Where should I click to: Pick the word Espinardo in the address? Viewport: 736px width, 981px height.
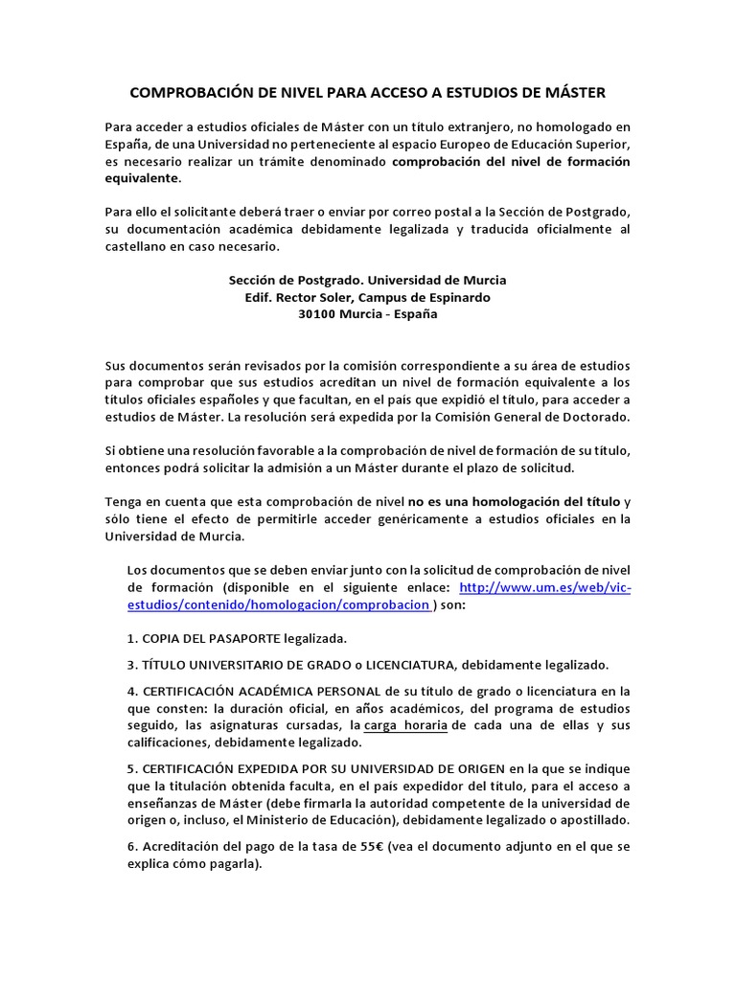tap(454, 297)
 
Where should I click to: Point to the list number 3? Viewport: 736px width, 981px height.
tap(131, 665)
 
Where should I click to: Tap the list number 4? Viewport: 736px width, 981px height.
tap(131, 691)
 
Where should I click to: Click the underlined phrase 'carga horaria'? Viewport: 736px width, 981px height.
tap(405, 725)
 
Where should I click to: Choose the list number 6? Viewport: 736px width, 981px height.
tap(131, 847)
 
